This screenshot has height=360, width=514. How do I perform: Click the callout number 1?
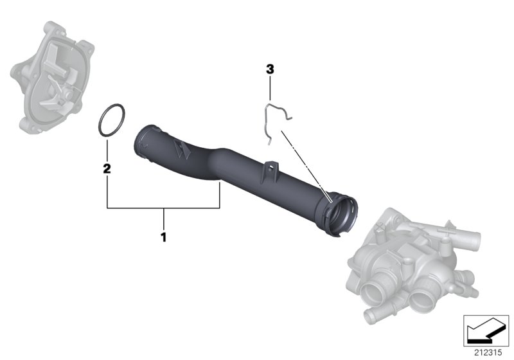(163, 237)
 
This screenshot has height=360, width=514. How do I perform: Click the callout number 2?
(107, 169)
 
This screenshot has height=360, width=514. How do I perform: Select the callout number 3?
(270, 67)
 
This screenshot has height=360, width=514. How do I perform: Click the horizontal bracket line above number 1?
(164, 208)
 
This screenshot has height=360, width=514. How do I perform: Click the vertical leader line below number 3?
(270, 87)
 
